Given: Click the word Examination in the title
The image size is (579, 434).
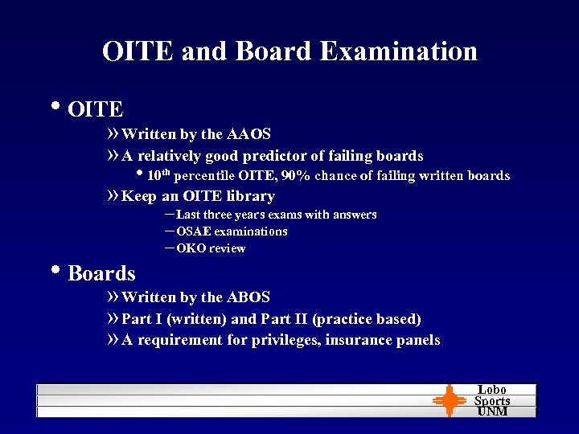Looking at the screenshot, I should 398,51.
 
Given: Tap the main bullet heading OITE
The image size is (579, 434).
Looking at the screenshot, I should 95,109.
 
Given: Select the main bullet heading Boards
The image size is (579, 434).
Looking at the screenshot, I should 101,273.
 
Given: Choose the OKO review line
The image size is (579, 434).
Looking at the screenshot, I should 210,248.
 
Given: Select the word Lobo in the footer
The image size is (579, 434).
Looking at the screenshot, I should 492,390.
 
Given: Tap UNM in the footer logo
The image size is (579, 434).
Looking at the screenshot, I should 492,411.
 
